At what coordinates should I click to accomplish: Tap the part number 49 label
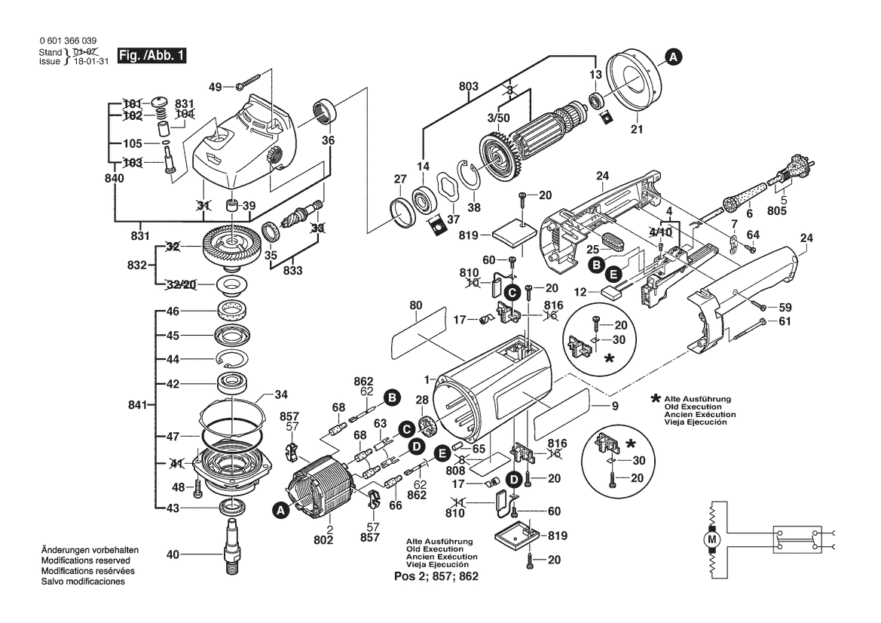coord(216,87)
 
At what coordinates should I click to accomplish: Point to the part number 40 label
coord(173,555)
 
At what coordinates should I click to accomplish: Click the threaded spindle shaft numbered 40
coord(232,543)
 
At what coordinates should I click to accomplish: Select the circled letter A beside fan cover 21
coord(673,55)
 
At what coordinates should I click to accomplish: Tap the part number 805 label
coord(777,212)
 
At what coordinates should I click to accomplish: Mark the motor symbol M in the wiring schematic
coord(711,539)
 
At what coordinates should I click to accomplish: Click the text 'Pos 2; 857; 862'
coord(437,576)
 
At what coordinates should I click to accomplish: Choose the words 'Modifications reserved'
coord(84,561)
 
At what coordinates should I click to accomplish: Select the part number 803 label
coord(469,87)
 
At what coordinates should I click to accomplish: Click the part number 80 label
coord(415,306)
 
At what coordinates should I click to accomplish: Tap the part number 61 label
coord(785,322)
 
